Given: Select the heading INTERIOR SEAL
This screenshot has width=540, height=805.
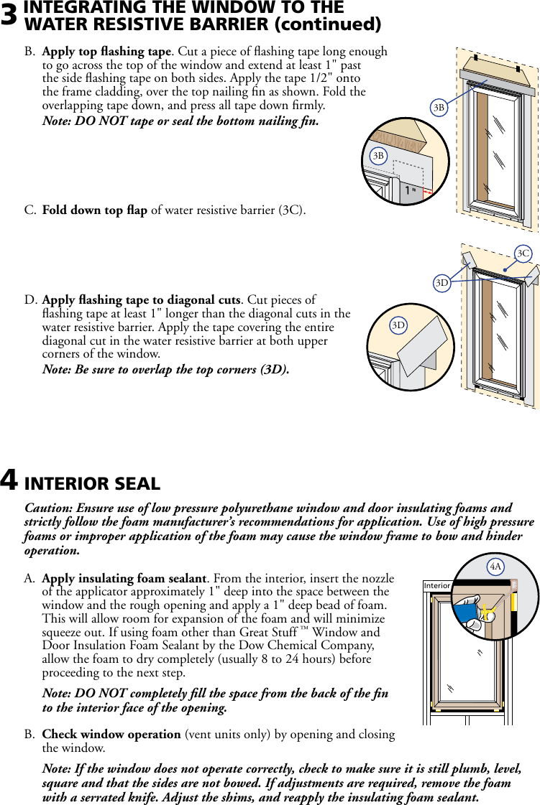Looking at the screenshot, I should (x=92, y=483).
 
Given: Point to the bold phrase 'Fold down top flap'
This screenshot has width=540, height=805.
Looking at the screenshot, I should (x=95, y=210).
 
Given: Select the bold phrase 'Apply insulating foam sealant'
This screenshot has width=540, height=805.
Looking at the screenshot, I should (x=124, y=578).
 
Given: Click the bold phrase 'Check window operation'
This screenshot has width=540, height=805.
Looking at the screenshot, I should (x=111, y=735).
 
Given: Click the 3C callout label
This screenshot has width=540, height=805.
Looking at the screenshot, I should (x=523, y=253).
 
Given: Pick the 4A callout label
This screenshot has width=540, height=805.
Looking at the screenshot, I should (x=495, y=567).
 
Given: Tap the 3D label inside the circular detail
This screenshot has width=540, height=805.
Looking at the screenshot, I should (x=398, y=325).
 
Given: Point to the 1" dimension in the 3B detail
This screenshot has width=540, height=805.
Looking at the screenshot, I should (x=410, y=192).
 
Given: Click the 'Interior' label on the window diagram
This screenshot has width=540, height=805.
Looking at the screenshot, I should (x=437, y=586).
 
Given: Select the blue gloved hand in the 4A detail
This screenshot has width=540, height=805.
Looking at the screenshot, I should (x=468, y=612).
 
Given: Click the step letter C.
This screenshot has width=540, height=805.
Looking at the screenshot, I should (x=30, y=210).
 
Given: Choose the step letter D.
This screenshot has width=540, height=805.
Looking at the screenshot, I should (x=31, y=299).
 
